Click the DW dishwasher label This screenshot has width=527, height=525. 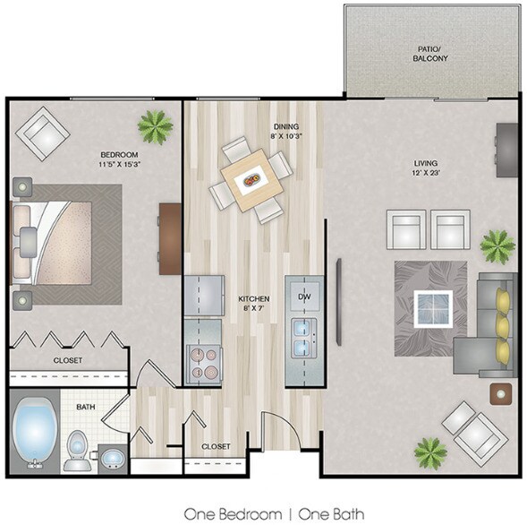(303, 296)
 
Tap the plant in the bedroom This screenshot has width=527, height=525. (156, 125)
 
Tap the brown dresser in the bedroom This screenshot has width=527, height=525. (170, 238)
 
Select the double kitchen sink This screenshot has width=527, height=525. (303, 337)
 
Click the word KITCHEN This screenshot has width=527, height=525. (253, 299)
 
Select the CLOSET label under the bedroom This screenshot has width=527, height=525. (67, 360)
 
